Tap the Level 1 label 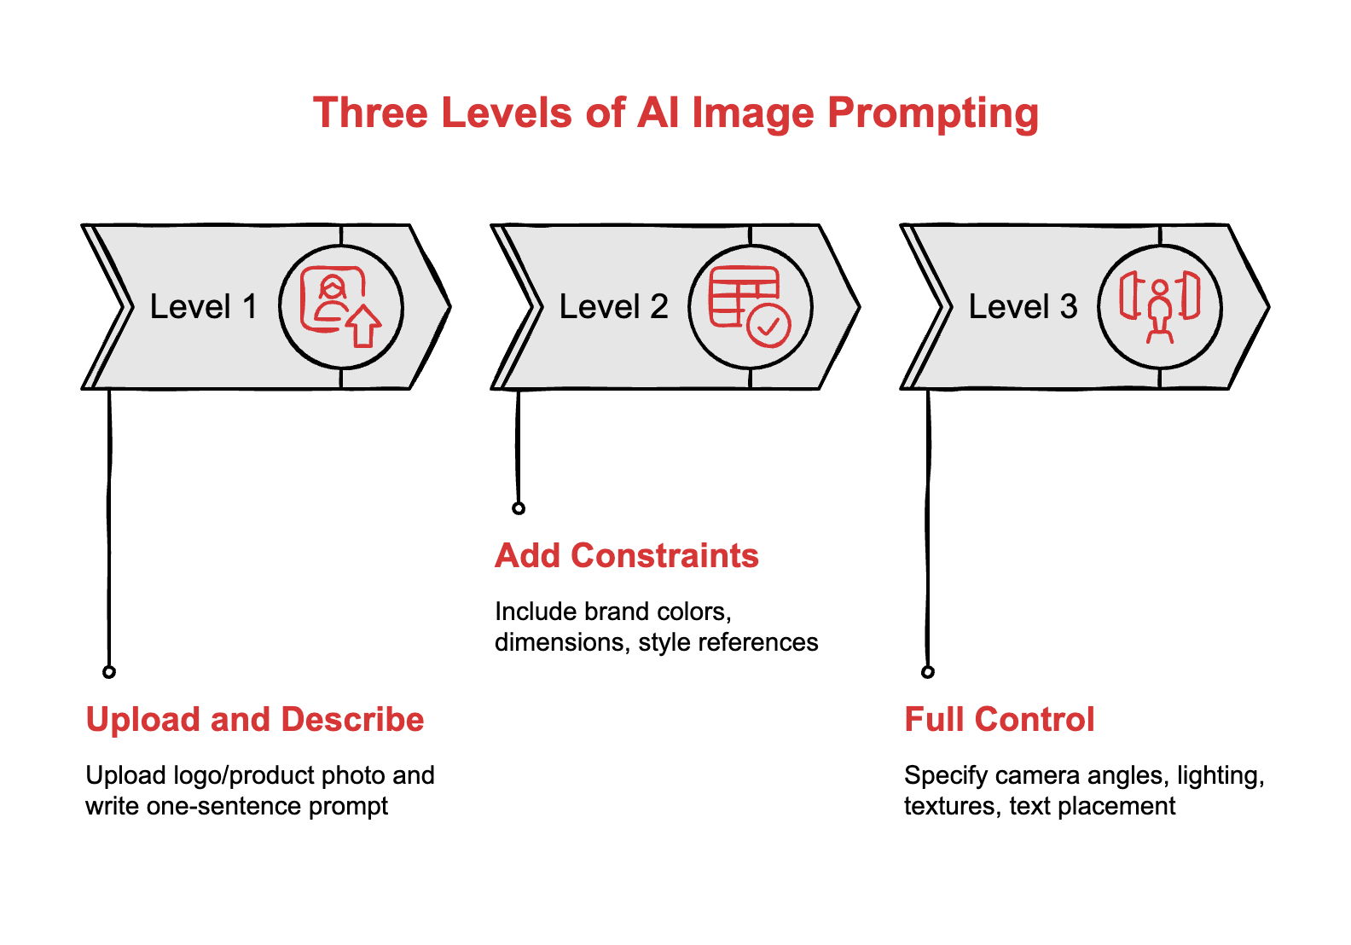tap(203, 307)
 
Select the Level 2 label tap(613, 307)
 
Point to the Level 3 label tap(1023, 307)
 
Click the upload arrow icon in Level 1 tap(364, 326)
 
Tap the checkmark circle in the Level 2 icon tap(768, 326)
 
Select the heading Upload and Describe tap(255, 720)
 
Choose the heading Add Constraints tap(627, 556)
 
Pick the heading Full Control tap(999, 720)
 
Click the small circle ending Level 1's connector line tap(109, 672)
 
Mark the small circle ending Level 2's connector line tap(519, 508)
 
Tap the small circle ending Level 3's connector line tap(928, 672)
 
